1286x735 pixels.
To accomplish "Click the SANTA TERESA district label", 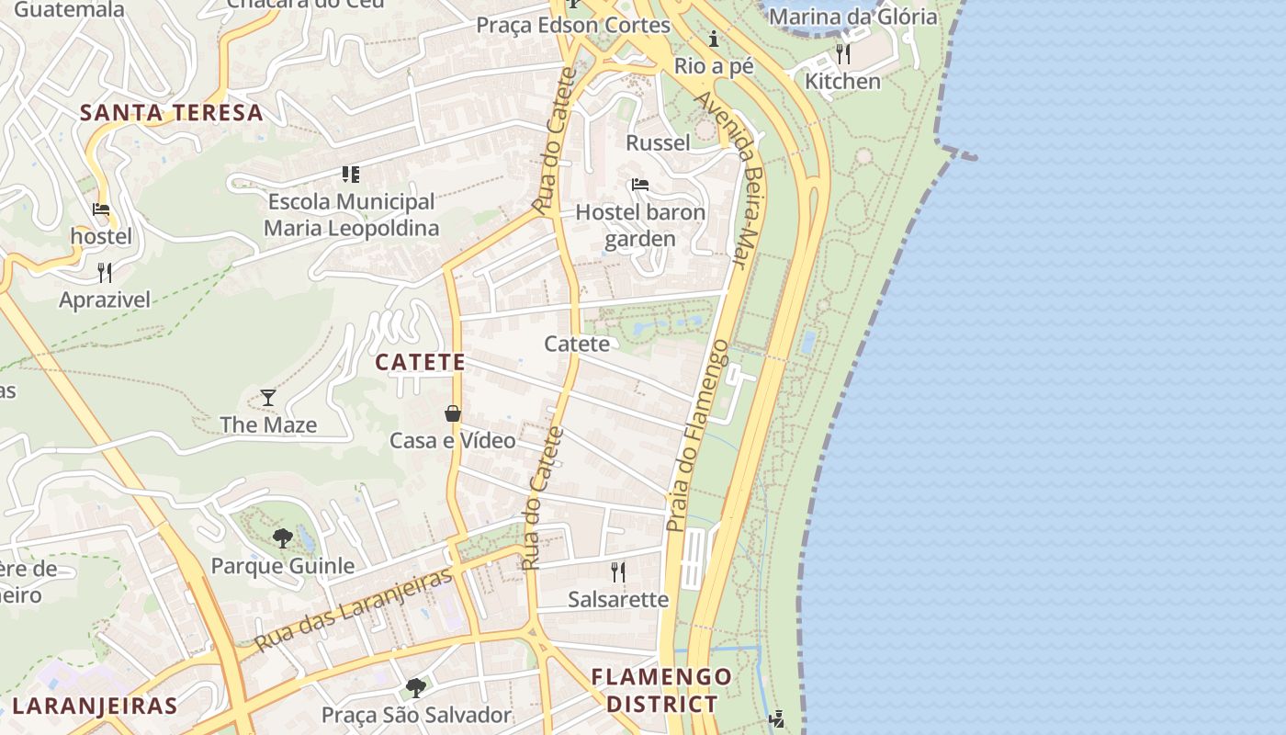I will coord(172,113).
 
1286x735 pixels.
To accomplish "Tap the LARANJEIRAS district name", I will coord(95,706).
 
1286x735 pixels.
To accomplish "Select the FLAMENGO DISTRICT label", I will coord(661,691).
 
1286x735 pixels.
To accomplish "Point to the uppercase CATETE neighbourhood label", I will coord(421,362).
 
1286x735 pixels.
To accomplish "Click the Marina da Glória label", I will coord(852,17).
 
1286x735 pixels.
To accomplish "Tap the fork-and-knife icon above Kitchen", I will coord(842,54).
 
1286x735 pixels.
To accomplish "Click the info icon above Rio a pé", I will coord(714,40).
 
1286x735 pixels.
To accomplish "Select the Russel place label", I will coord(658,142).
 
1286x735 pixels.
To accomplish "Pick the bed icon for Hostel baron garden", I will coord(640,185).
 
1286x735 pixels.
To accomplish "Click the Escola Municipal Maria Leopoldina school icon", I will coord(350,174).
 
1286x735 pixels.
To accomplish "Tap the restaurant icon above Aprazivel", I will coord(105,273).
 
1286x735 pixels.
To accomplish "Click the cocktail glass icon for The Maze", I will coord(268,398).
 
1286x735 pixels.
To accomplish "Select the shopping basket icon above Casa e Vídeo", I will coord(453,413).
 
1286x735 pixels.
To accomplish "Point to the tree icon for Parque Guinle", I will coord(283,538).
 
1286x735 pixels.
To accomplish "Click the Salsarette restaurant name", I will coord(618,599).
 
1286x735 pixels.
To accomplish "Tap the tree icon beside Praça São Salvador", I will coord(416,687).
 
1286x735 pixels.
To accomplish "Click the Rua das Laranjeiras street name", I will coord(354,609).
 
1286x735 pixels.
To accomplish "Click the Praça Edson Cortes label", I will coord(573,25).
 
